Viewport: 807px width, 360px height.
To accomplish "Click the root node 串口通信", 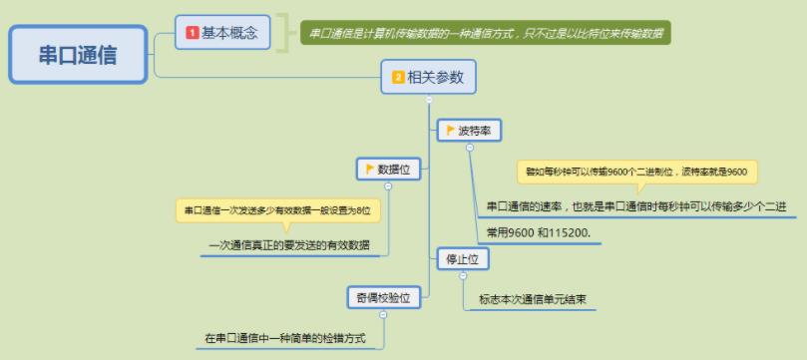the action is (78, 55).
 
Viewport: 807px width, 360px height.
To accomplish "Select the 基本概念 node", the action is (222, 32).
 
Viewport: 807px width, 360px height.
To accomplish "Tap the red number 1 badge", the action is (192, 33).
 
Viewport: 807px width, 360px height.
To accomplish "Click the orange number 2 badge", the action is (398, 78).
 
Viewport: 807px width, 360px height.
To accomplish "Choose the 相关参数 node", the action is (428, 77).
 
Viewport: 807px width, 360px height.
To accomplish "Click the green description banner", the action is (486, 33).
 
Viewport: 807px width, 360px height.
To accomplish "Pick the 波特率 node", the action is (469, 131).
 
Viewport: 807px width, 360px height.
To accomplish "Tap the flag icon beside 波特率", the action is (450, 130).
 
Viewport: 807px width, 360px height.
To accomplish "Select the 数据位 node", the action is (389, 170).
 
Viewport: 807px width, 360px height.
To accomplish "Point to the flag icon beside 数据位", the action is (369, 169).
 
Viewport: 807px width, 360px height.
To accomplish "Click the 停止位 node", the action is (463, 259).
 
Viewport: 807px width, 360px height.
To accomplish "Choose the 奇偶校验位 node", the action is (384, 298).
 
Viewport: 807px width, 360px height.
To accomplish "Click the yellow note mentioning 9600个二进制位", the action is (637, 172).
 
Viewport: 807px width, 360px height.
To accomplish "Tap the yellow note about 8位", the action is (278, 210).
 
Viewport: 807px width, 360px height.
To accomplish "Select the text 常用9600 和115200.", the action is (536, 233).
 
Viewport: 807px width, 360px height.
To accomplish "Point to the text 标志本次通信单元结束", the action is (532, 299).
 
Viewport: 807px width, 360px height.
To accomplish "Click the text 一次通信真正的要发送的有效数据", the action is (289, 245).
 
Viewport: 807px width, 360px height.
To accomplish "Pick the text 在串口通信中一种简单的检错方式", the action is (285, 339).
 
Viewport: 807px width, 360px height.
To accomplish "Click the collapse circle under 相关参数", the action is (429, 101).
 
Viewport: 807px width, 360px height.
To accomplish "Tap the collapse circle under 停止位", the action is (463, 276).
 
